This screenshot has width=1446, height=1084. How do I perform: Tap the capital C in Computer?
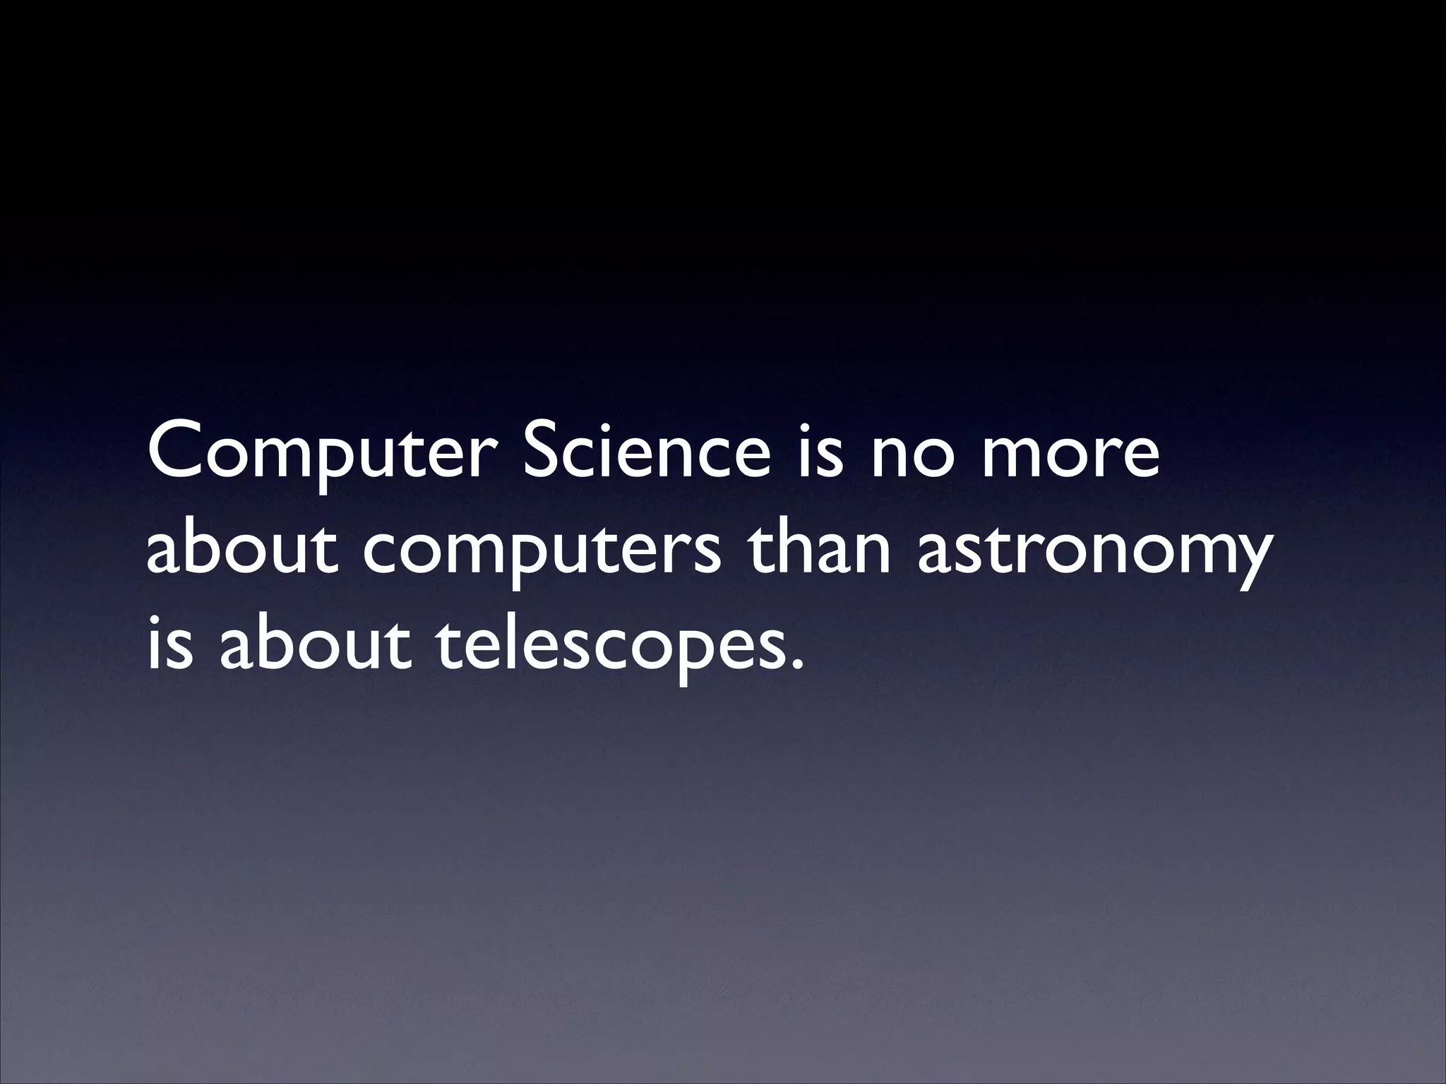coord(177,451)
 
